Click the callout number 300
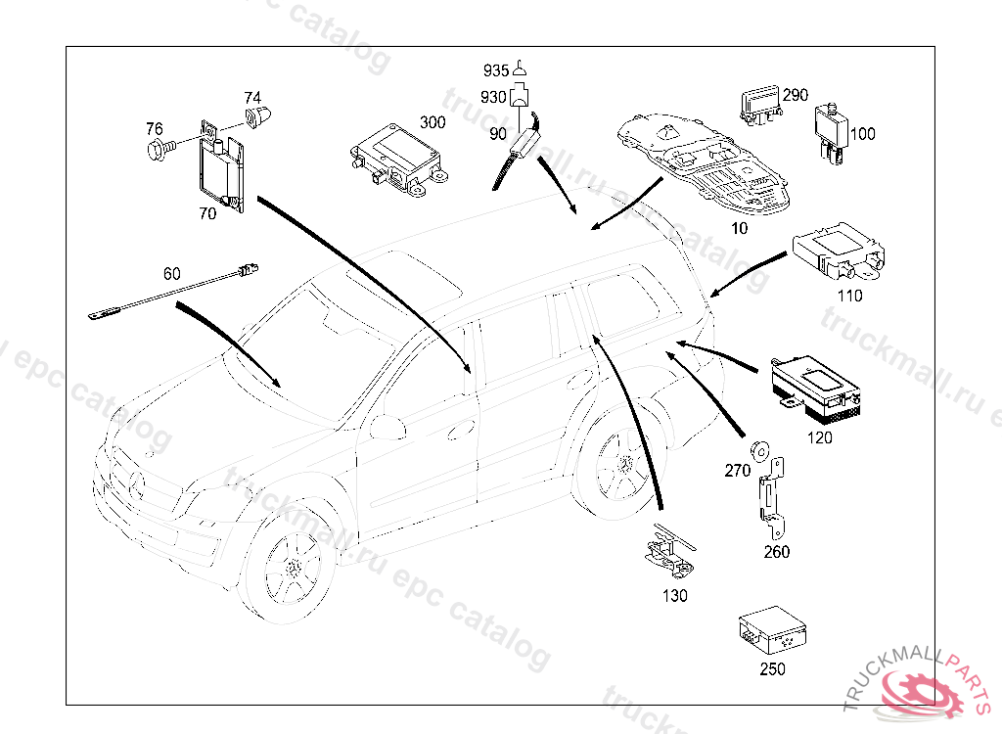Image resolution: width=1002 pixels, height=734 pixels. tap(432, 122)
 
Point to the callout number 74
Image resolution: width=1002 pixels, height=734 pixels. tap(252, 98)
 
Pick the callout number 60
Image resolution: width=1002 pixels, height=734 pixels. tap(172, 273)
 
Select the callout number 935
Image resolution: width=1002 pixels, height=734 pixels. tap(496, 70)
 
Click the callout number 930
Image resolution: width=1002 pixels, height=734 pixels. tap(495, 97)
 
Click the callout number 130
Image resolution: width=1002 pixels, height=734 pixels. tap(675, 595)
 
